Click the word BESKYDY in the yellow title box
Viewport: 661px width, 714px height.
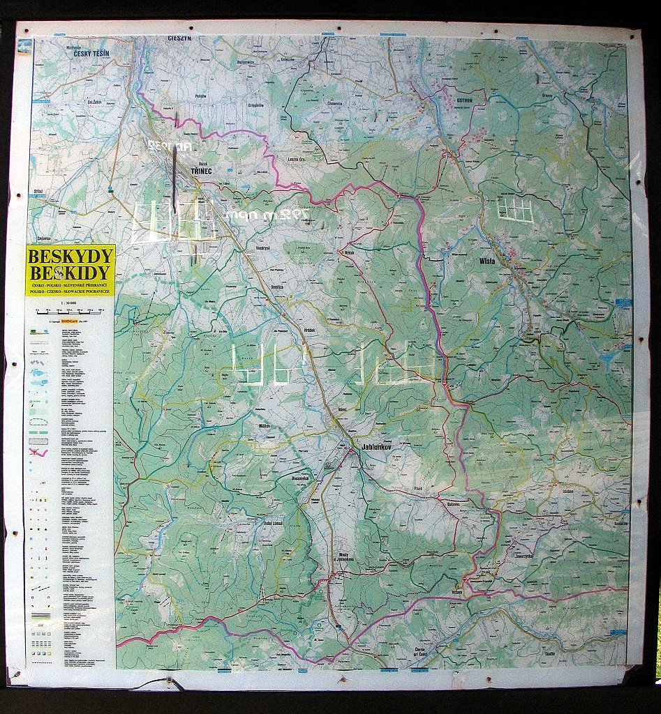click(x=70, y=256)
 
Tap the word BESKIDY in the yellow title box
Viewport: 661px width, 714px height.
click(x=70, y=273)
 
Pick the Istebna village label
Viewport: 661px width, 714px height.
click(x=565, y=492)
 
